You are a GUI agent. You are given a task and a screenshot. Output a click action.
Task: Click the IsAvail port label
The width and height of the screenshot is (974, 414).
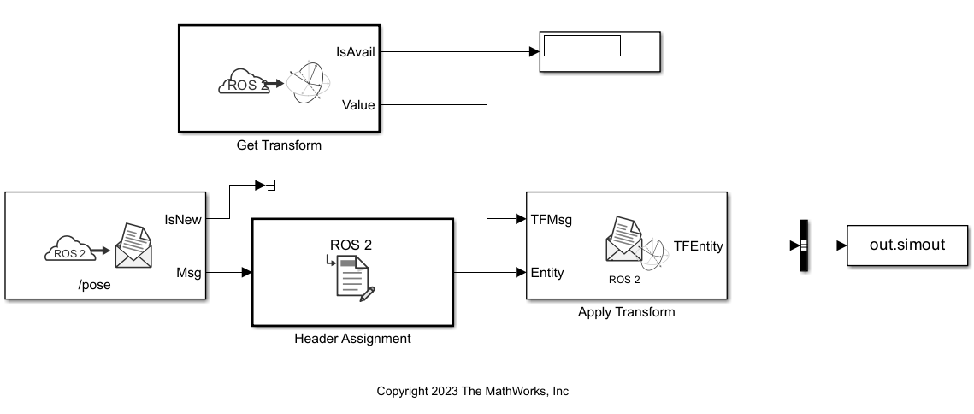(358, 52)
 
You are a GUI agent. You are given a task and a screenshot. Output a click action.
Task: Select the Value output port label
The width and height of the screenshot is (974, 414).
(358, 105)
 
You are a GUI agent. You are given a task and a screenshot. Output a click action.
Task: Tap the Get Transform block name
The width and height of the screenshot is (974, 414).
(279, 145)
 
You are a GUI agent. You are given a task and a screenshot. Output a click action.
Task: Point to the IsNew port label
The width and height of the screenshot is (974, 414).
(183, 219)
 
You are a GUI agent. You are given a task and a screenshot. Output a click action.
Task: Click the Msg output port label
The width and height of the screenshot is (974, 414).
(188, 273)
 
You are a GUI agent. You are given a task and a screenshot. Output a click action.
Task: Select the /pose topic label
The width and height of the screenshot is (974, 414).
(94, 285)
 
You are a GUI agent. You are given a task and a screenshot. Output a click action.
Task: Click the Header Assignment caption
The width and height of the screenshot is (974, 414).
(352, 339)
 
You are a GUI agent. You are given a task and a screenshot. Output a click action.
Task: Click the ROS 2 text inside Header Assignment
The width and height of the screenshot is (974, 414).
(351, 245)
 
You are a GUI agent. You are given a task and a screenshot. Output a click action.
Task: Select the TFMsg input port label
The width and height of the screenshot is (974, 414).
(551, 219)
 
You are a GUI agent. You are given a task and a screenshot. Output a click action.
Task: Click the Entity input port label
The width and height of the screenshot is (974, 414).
(547, 273)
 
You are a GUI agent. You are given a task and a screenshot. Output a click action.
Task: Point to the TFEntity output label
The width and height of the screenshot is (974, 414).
(699, 246)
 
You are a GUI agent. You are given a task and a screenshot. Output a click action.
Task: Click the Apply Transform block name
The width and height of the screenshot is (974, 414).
(626, 312)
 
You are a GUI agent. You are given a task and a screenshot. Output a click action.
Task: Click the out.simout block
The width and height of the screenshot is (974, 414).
(907, 245)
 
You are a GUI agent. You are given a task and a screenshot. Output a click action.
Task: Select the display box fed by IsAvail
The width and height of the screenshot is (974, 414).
(599, 53)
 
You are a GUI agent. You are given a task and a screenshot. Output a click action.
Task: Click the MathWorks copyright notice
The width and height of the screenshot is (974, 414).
(472, 391)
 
